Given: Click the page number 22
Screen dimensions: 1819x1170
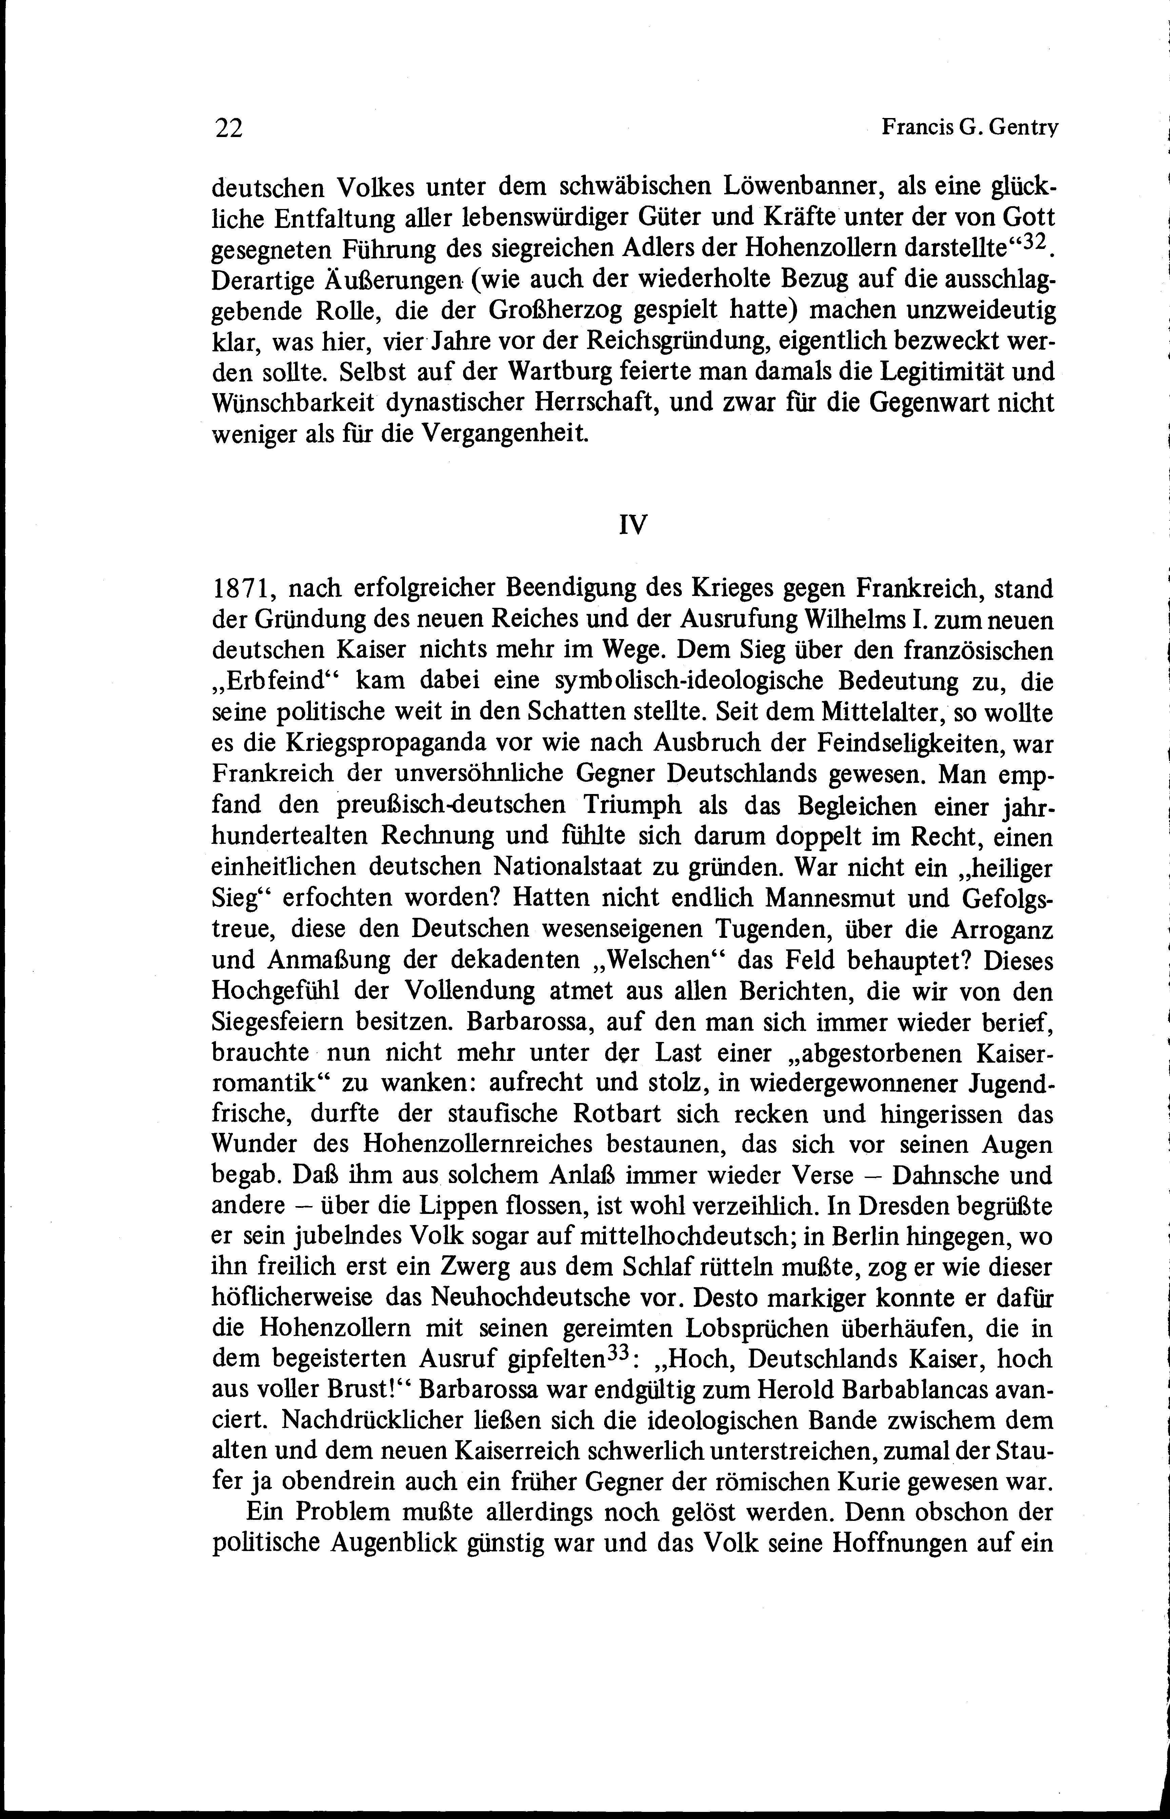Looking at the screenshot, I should (x=228, y=129).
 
